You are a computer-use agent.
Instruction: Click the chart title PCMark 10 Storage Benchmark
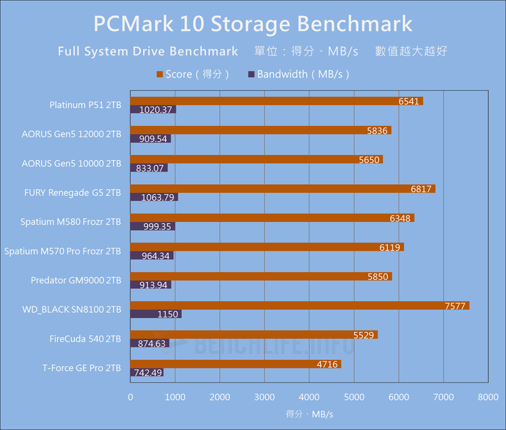tap(253, 24)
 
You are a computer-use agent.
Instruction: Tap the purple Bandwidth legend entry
tap(299, 74)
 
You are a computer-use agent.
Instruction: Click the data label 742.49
tap(148, 373)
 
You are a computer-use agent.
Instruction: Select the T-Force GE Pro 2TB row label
tap(81, 368)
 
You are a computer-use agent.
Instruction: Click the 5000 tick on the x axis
tap(354, 398)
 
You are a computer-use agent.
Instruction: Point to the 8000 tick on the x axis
tap(488, 398)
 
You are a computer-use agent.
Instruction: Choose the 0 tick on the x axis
tap(131, 398)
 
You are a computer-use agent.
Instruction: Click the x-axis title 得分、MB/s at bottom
tap(309, 414)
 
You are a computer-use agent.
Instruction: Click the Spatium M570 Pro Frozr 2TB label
tap(63, 251)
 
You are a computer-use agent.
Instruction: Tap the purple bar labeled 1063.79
tap(154, 197)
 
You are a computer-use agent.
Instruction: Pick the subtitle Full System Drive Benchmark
tap(148, 51)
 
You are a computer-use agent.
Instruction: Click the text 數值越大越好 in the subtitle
tap(411, 51)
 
